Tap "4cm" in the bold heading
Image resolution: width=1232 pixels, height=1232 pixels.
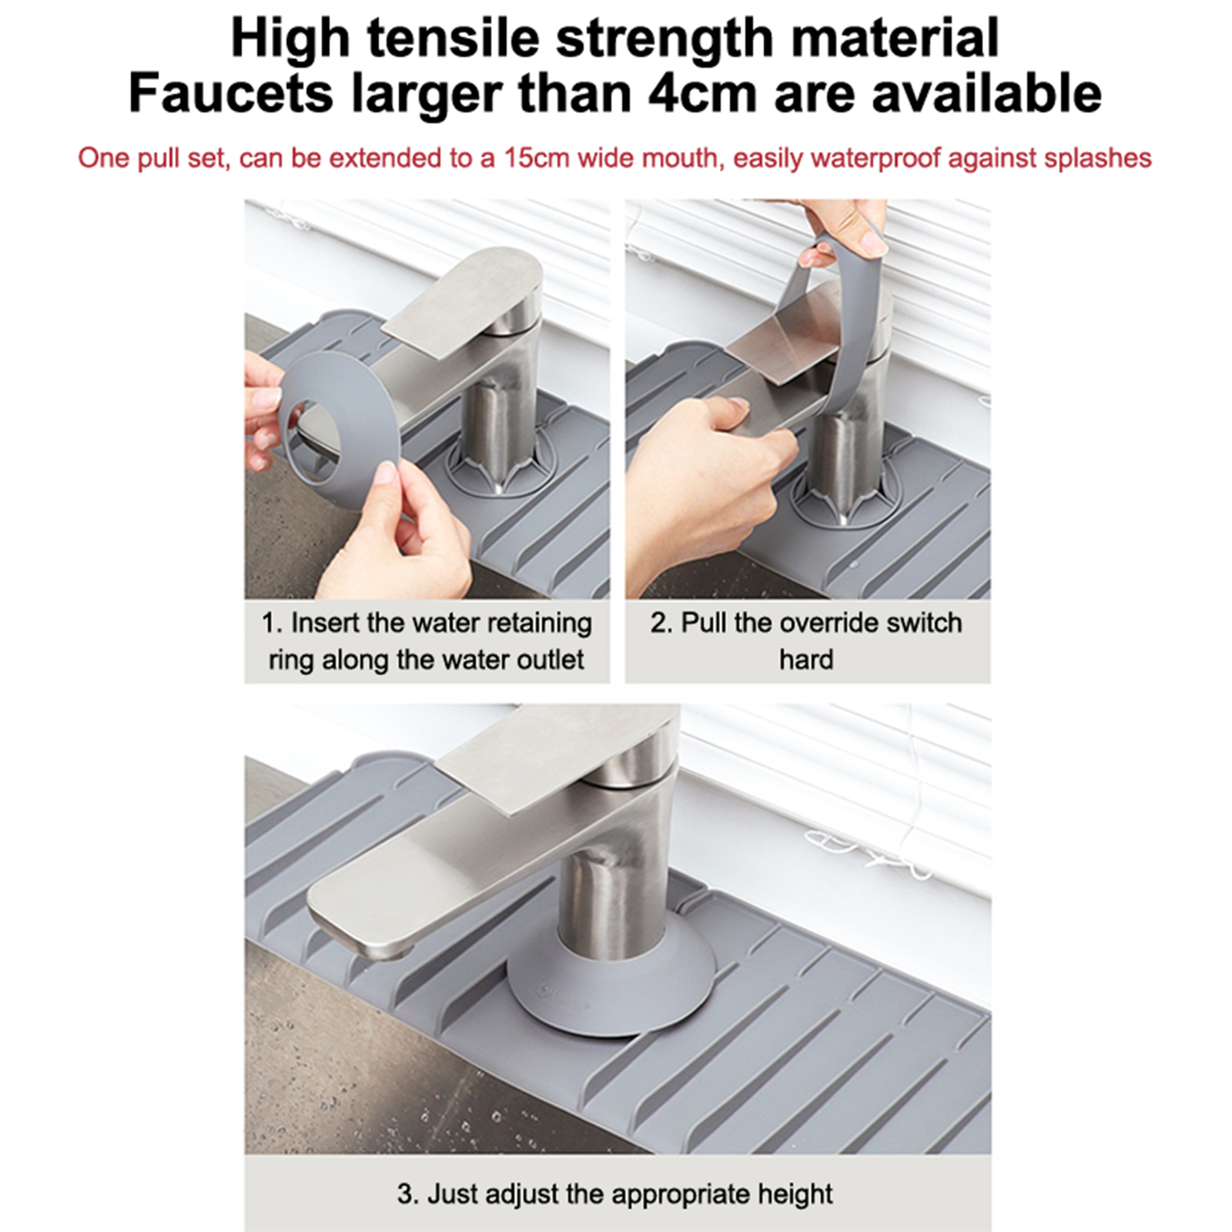(x=704, y=92)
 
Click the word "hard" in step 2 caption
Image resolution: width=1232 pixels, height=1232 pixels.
(x=806, y=659)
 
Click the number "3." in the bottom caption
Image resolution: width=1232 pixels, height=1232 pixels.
(x=408, y=1194)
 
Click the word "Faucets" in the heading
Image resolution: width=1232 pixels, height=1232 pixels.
(x=230, y=92)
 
